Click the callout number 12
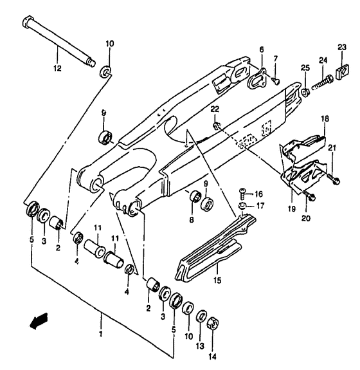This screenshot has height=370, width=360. pos(57,68)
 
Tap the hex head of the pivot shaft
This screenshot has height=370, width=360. pos(28,21)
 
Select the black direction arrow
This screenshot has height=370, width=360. pos(39,321)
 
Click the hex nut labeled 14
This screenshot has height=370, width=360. pos(213,324)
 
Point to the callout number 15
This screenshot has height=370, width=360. pos(217,281)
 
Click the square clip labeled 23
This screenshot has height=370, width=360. pos(342,73)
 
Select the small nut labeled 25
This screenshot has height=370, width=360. pos(306,92)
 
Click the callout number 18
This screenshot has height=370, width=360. pos(325,118)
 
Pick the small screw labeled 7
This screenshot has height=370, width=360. pos(276,81)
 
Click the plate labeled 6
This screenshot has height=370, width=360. pos(256,78)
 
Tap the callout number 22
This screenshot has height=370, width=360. pos(215,109)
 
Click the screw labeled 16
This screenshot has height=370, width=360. pos(242,193)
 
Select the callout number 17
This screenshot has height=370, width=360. pos(260,206)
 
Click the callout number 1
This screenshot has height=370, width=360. pos(101,334)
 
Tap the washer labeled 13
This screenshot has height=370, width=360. pos(201,316)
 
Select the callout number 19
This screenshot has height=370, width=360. pos(292,209)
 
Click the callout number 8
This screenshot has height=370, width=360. pos(192,220)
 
